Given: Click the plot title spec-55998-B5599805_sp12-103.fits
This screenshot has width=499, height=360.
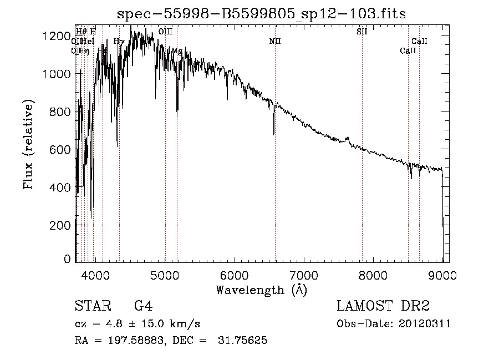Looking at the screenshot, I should pos(262,14).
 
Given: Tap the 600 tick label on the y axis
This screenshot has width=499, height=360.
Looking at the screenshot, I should pos(58,150).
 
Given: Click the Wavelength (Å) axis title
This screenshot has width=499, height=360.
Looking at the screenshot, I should pos(262,290).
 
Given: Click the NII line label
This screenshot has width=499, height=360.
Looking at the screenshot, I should pos(276,41).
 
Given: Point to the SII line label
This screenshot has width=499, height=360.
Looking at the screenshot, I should pos(362,32).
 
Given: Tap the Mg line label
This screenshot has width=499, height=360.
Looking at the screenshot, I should pos(177,50).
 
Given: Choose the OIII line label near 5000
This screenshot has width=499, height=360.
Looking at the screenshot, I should pos(165,32).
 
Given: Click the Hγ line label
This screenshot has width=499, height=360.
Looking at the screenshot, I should pos(119,41).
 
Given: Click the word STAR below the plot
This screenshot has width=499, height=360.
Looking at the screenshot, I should pos(89,307).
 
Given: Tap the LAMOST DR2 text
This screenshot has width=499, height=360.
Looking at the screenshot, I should pos(383,307).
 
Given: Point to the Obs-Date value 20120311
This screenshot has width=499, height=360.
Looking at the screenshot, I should pos(425,324).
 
